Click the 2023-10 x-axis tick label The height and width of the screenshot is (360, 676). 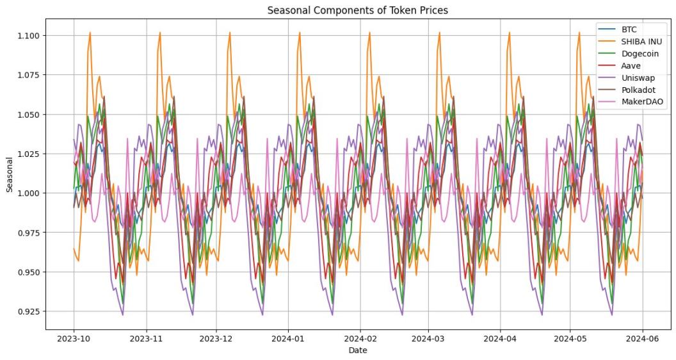coord(74,338)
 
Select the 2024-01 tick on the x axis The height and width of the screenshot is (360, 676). coord(289,338)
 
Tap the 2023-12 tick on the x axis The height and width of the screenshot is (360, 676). coord(216,338)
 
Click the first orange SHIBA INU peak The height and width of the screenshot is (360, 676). coord(90,33)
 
